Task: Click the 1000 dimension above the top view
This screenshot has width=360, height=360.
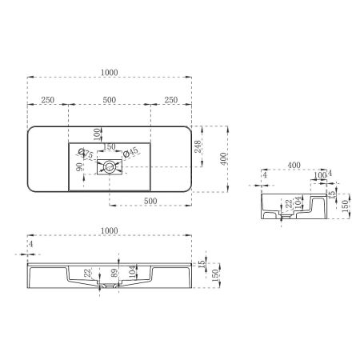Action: pos(110,73)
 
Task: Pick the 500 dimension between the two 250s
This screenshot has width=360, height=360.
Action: pos(110,100)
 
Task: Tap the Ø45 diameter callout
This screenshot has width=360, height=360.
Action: pos(131,151)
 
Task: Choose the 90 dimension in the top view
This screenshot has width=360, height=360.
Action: pos(78,166)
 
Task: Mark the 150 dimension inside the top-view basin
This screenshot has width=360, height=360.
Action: pos(110,147)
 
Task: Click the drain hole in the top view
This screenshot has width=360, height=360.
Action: pos(109,167)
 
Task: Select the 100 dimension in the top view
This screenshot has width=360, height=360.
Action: pos(98,133)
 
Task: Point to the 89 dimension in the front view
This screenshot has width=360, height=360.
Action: pos(115,272)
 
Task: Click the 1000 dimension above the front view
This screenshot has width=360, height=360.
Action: pos(110,230)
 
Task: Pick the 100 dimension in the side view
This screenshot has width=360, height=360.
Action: pos(320,174)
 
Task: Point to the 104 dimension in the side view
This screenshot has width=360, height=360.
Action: pos(298,205)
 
